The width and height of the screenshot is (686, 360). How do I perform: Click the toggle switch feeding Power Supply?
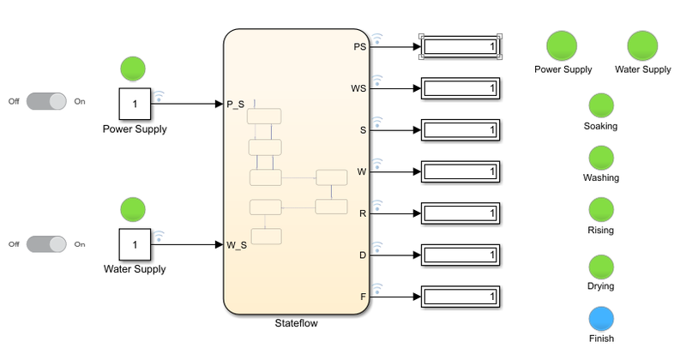(46, 101)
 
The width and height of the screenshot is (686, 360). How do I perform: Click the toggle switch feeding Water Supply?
(46, 243)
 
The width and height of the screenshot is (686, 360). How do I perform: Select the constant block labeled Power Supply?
(134, 104)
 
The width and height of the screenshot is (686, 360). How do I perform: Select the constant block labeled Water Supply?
(134, 245)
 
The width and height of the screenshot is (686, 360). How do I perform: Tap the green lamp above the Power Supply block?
(133, 68)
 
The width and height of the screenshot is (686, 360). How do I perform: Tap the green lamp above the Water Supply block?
(133, 208)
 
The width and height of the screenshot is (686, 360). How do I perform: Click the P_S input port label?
(236, 104)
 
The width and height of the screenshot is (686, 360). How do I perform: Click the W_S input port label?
(237, 245)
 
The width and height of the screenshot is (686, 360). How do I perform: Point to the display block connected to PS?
(460, 46)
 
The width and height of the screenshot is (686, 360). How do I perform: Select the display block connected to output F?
(460, 297)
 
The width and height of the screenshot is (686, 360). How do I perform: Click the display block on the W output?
(460, 171)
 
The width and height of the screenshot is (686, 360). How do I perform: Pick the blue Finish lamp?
(601, 320)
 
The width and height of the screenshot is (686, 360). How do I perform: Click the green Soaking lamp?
(600, 106)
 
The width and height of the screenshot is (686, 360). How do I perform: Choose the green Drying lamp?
(601, 267)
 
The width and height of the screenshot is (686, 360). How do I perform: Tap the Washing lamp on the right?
(600, 159)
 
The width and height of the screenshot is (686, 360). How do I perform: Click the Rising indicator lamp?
(600, 211)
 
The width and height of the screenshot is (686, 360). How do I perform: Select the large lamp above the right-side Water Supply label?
(642, 46)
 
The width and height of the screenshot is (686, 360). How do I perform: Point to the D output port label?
(363, 255)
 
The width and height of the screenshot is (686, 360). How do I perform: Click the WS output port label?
(359, 88)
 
